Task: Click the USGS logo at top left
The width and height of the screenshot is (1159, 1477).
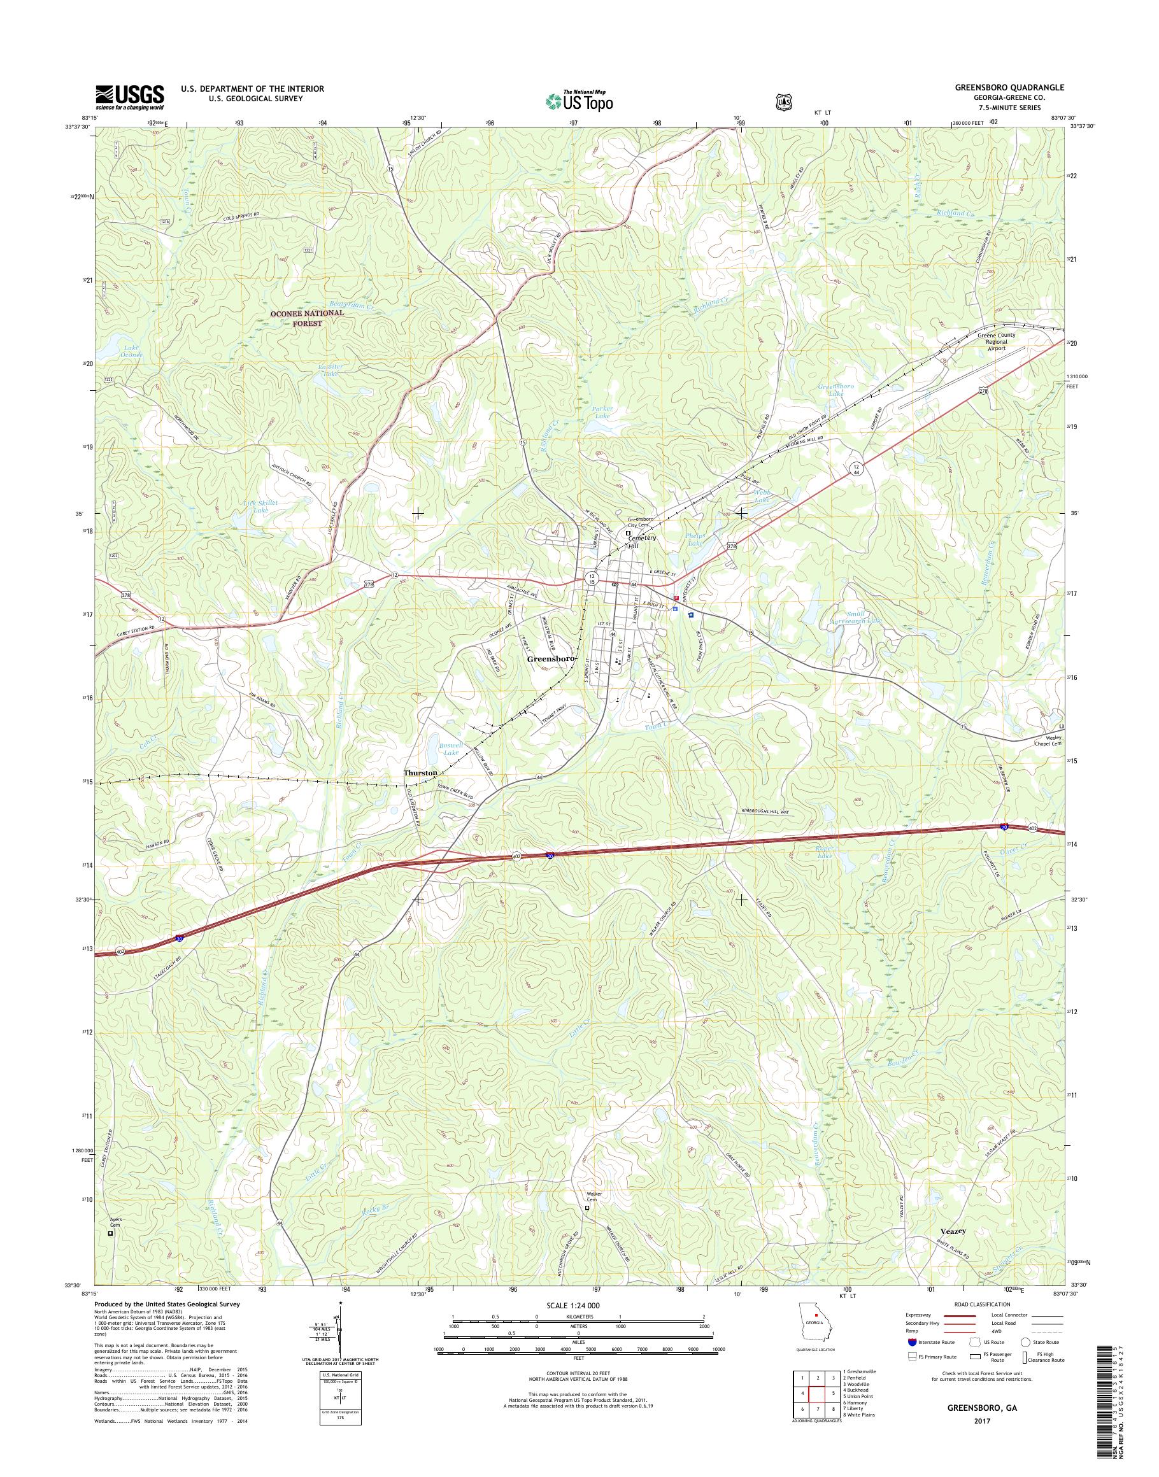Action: tap(130, 97)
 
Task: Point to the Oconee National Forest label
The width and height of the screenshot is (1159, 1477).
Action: tap(308, 318)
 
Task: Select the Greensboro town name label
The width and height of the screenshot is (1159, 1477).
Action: tap(551, 659)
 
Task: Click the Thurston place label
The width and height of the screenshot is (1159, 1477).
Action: tap(420, 773)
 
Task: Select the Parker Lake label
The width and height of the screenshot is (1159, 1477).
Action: tap(602, 413)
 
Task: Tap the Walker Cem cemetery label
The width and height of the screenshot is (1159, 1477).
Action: tap(589, 1195)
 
